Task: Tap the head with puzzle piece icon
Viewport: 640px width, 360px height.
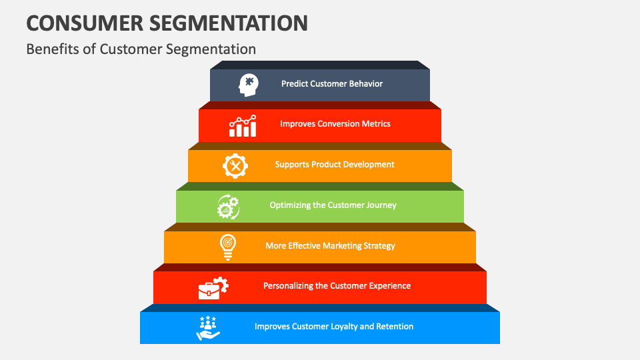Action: pyautogui.click(x=248, y=85)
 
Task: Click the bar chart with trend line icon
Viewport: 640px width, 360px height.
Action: pyautogui.click(x=242, y=125)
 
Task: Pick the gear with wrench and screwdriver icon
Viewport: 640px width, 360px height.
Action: pyautogui.click(x=235, y=165)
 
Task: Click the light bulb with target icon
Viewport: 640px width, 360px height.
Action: pyautogui.click(x=227, y=247)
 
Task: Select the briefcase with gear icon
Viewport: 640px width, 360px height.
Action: pyautogui.click(x=213, y=287)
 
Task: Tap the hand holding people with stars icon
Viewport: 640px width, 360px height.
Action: pyautogui.click(x=208, y=328)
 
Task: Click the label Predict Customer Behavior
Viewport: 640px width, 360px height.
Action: pyautogui.click(x=332, y=84)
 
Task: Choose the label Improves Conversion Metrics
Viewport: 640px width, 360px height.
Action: pyautogui.click(x=335, y=124)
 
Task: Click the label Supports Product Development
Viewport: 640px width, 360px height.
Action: pyautogui.click(x=335, y=165)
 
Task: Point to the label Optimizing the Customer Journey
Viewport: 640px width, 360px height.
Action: pyautogui.click(x=333, y=205)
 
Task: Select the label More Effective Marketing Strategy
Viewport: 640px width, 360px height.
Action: pyautogui.click(x=330, y=246)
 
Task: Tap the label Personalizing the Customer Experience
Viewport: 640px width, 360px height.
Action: pyautogui.click(x=337, y=286)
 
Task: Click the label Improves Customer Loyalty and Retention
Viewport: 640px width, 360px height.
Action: pyautogui.click(x=334, y=327)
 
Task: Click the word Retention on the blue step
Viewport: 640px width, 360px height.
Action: pyautogui.click(x=394, y=327)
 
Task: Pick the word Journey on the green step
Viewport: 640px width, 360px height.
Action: pyautogui.click(x=381, y=205)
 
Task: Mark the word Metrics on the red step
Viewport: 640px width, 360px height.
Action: pyautogui.click(x=375, y=124)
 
